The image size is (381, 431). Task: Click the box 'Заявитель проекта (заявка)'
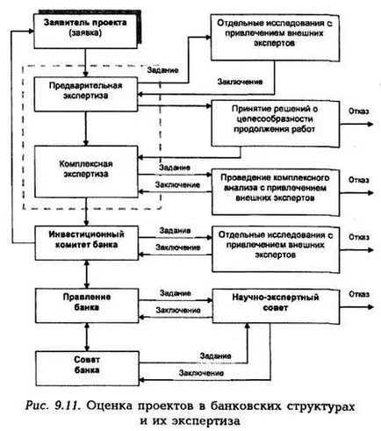tap(85, 31)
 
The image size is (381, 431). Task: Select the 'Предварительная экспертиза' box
tap(86, 94)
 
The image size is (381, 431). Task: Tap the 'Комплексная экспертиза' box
tap(86, 171)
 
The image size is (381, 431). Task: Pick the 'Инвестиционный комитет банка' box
tap(87, 242)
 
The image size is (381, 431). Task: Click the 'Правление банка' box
tap(87, 305)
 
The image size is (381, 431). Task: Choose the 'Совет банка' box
tap(87, 369)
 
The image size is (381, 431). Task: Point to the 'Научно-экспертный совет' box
tap(276, 306)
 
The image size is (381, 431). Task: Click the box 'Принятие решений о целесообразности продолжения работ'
tap(275, 123)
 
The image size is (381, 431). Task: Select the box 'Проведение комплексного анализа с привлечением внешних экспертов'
tap(276, 192)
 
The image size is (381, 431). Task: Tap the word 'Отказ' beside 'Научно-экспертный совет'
tap(359, 294)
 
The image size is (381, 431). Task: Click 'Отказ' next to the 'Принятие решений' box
tap(358, 111)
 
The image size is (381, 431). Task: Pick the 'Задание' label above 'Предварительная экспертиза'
tap(162, 70)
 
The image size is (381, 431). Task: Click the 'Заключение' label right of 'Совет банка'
tap(201, 373)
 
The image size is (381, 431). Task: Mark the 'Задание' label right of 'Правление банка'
tap(176, 293)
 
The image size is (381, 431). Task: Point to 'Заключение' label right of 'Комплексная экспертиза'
tap(177, 185)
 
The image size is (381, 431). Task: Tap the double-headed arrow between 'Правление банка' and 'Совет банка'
tap(87, 337)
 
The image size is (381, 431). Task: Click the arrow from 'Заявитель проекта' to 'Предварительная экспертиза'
tap(85, 62)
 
